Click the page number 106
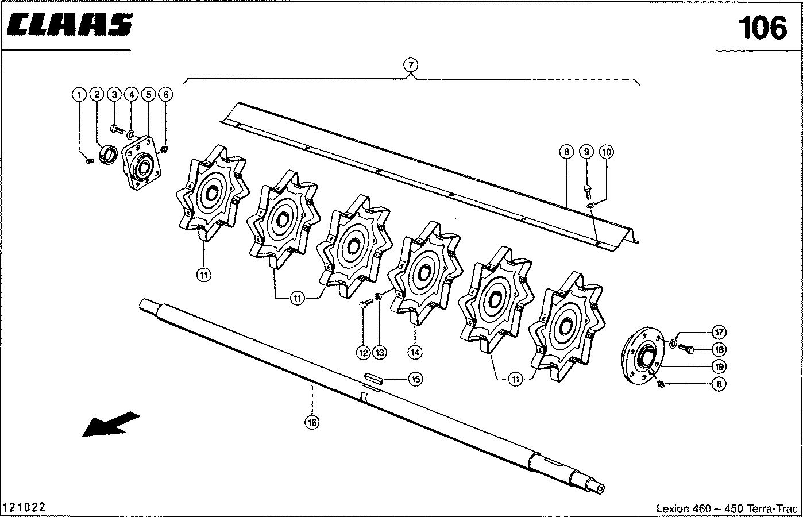point(762,28)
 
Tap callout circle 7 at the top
point(411,64)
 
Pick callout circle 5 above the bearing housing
point(148,94)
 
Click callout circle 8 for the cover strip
point(566,152)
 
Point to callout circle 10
point(607,152)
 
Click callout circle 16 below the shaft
point(311,422)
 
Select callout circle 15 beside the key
point(415,379)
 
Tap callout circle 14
point(415,351)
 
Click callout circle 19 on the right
point(718,366)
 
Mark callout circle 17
point(718,332)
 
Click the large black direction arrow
point(111,424)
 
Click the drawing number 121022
point(25,508)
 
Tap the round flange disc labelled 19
point(642,357)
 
